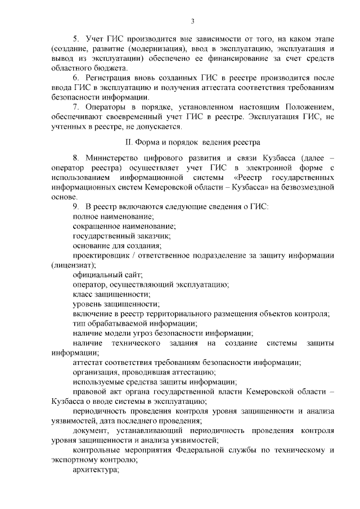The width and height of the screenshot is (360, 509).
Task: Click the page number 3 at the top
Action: [x=192, y=21]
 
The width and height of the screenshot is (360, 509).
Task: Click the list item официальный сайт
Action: [x=107, y=274]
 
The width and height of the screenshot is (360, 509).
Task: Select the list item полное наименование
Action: [x=113, y=217]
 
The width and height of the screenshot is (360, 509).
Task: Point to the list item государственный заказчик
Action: [x=120, y=236]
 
